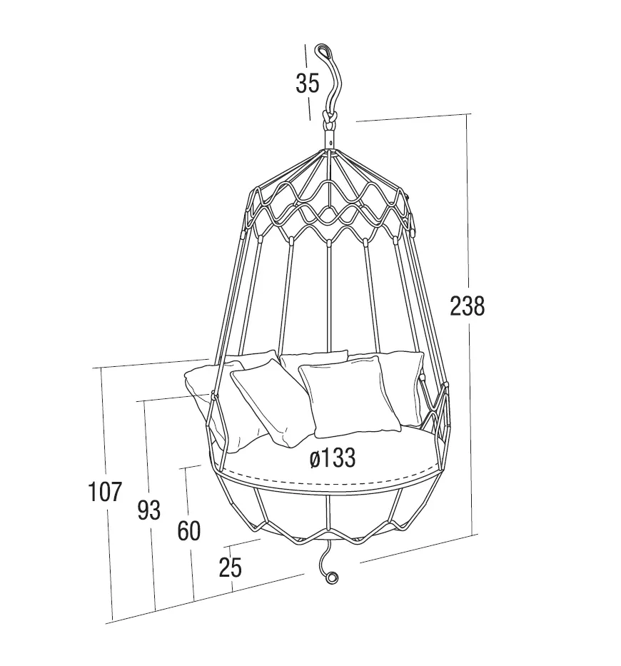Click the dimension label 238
[468, 306]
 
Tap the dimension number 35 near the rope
[307, 84]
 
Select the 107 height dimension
[105, 492]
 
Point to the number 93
[149, 510]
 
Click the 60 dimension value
[188, 531]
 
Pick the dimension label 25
[231, 567]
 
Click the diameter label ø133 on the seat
[333, 458]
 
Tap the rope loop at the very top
[323, 51]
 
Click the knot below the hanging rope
[329, 118]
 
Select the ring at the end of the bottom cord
[331, 577]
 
